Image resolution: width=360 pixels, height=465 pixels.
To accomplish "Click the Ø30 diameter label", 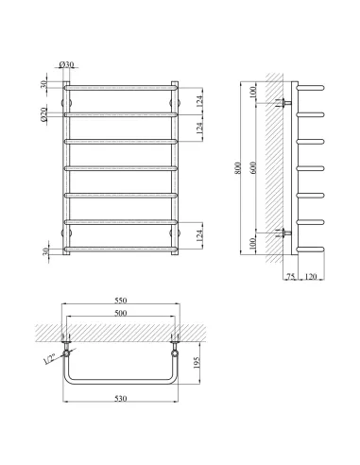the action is coord(66,64).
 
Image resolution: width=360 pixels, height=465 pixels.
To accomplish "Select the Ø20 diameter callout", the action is coord(43,114).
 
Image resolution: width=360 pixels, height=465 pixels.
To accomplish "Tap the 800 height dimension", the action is coord(238,168).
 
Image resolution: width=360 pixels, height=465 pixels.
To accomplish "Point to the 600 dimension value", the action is coord(254,167).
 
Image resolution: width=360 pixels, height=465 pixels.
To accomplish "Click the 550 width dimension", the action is coord(121,301).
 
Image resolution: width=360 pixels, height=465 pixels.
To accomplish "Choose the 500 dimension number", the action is coord(121,313).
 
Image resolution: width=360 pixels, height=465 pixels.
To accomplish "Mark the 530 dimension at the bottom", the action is coord(121,399).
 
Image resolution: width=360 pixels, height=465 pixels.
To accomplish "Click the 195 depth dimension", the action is coord(197,363).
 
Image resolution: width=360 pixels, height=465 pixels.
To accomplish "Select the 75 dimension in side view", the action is coord(290,277).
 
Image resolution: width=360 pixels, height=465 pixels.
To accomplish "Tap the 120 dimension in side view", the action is coord(311,277).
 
